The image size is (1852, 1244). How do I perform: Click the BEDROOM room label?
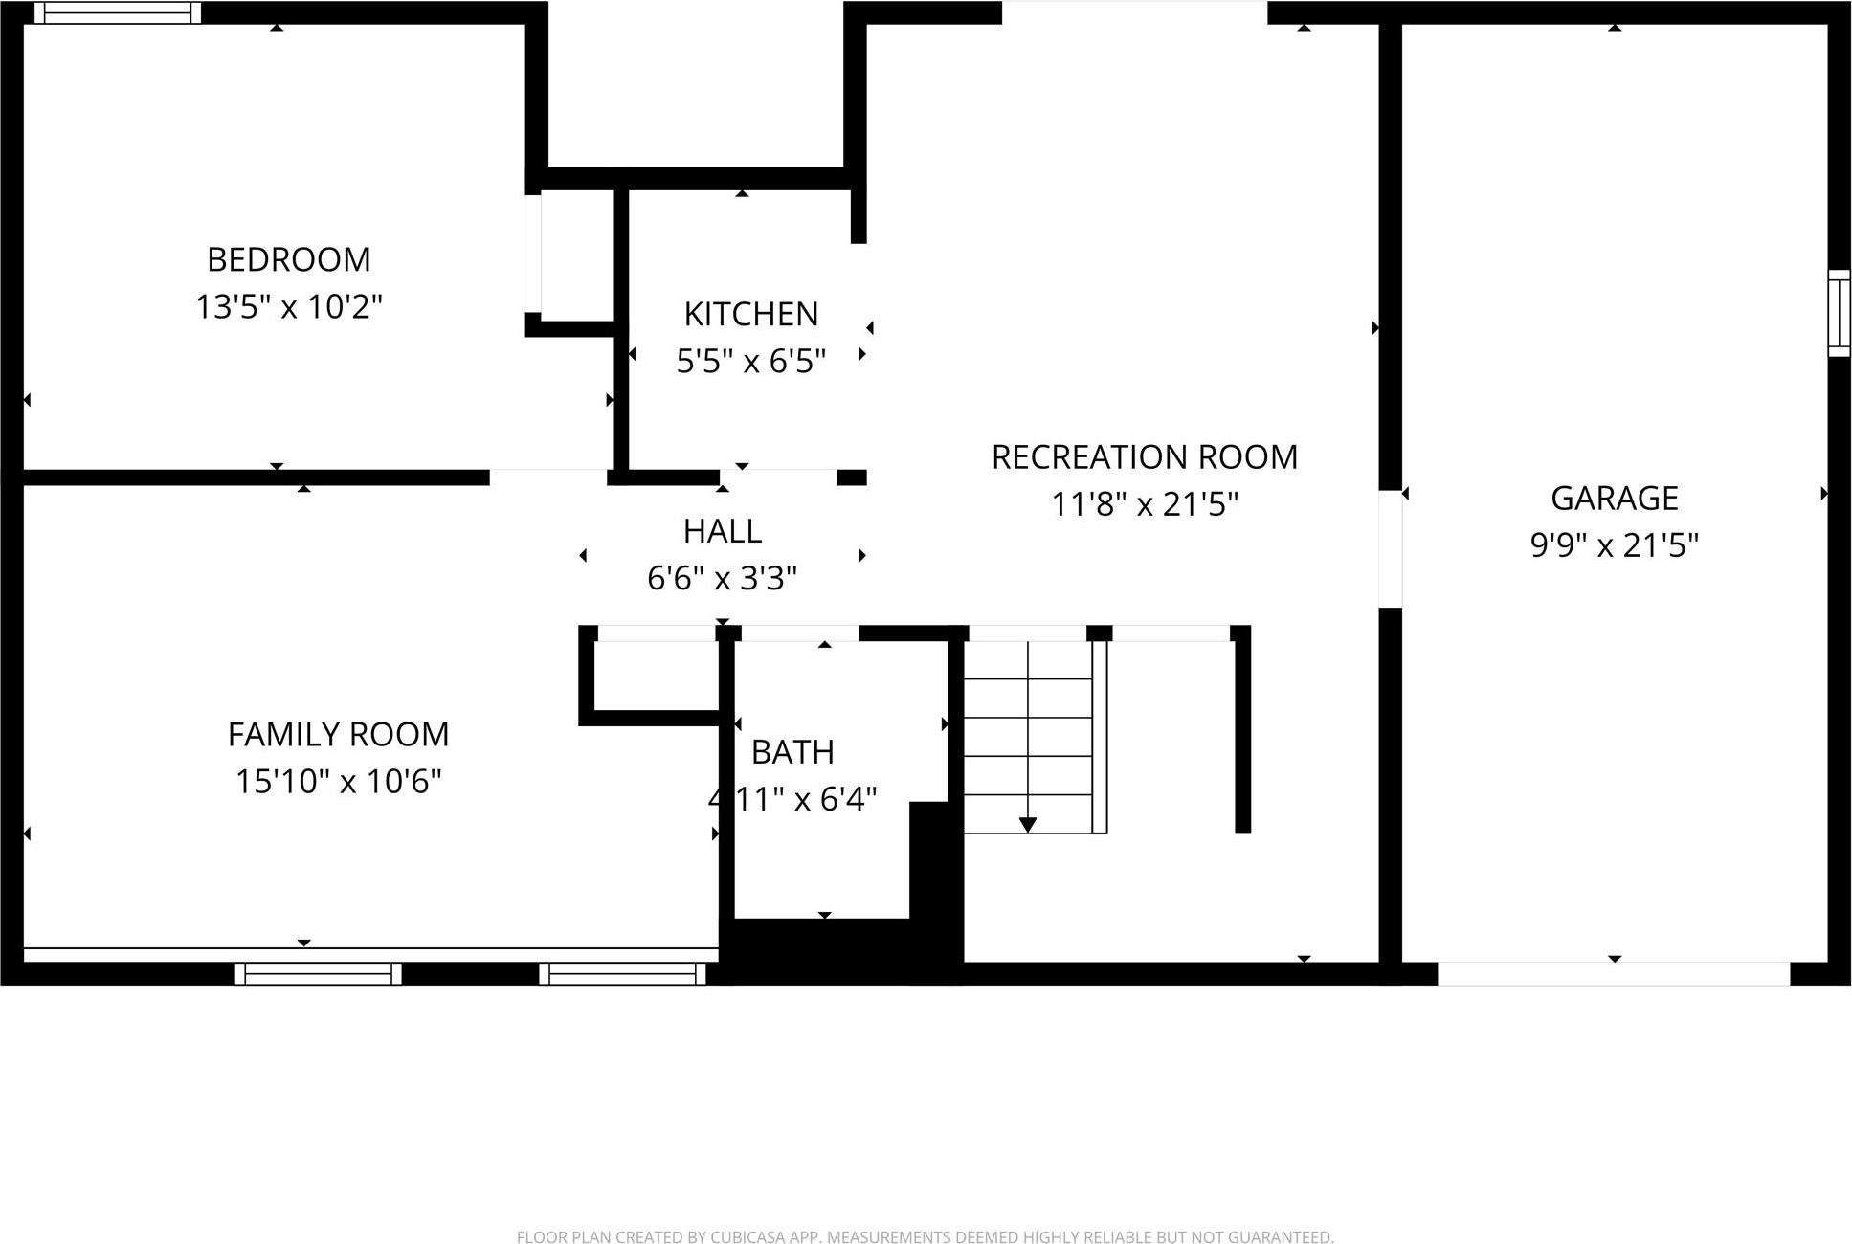pyautogui.click(x=288, y=259)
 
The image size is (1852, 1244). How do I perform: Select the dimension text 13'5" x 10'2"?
pyautogui.click(x=288, y=307)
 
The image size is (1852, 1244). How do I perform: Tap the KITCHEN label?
pyautogui.click(x=750, y=314)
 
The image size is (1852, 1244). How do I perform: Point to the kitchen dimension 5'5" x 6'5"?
pyautogui.click(x=750, y=362)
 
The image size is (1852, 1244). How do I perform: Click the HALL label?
pyautogui.click(x=722, y=531)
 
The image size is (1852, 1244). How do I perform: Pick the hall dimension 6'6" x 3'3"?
pyautogui.click(x=722, y=578)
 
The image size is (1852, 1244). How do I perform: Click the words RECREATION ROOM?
pyautogui.click(x=1144, y=457)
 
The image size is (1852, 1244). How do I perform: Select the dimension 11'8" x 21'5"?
pyautogui.click(x=1144, y=504)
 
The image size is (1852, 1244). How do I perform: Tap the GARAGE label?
pyautogui.click(x=1614, y=499)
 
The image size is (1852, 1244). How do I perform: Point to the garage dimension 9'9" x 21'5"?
pyautogui.click(x=1614, y=545)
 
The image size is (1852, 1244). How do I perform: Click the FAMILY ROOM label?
pyautogui.click(x=338, y=735)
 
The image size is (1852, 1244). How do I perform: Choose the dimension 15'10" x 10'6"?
pyautogui.click(x=338, y=782)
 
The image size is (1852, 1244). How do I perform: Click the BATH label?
pyautogui.click(x=792, y=752)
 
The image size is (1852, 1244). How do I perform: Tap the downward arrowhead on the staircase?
pyautogui.click(x=1027, y=825)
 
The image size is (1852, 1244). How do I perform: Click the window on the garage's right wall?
pyautogui.click(x=1839, y=313)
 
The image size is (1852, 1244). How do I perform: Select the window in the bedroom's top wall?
pyautogui.click(x=118, y=12)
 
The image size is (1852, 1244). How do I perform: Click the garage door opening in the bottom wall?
pyautogui.click(x=1613, y=973)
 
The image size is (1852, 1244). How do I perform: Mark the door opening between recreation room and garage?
pyautogui.click(x=1390, y=549)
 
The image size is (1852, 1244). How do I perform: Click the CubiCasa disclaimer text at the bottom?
pyautogui.click(x=925, y=1237)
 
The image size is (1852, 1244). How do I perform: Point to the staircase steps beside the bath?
pyautogui.click(x=1027, y=737)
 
